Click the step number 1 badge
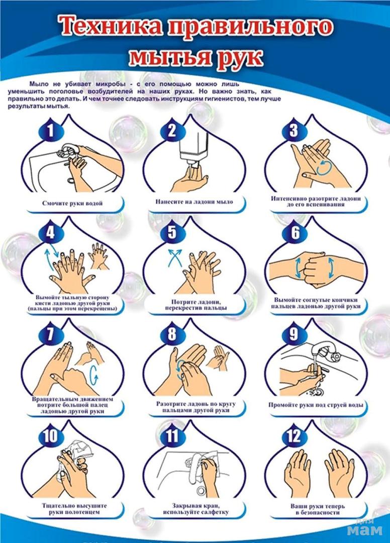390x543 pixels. [x=51, y=131]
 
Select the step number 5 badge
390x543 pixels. [x=172, y=232]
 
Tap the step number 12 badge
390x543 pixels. [x=294, y=436]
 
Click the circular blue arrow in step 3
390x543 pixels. [x=325, y=167]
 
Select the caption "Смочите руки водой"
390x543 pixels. [x=72, y=203]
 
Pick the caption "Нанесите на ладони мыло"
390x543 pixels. [x=194, y=202]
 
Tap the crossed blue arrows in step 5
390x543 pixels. [x=175, y=258]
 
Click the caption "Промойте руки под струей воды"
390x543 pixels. [x=316, y=405]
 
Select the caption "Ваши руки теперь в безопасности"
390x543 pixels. [x=317, y=509]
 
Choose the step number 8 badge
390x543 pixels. [x=172, y=334]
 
